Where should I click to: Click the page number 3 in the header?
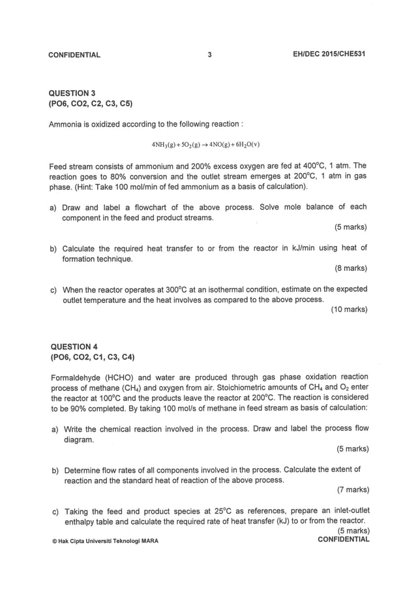click(x=209, y=55)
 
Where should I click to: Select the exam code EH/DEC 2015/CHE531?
click(x=329, y=54)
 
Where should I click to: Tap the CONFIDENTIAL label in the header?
click(x=74, y=55)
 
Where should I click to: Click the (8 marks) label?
click(x=350, y=268)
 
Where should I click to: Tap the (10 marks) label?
click(x=349, y=309)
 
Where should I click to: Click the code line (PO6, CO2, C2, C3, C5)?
click(x=91, y=104)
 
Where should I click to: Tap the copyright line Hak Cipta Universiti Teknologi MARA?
click(x=104, y=541)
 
